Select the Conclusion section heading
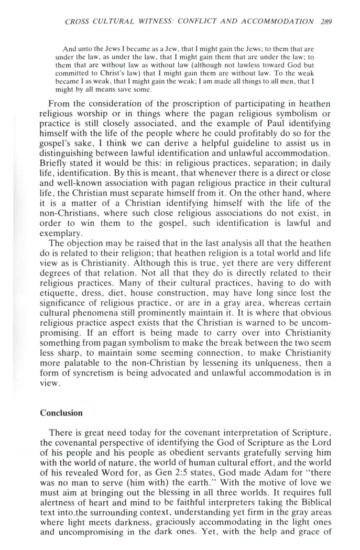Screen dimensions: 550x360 point(61,413)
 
